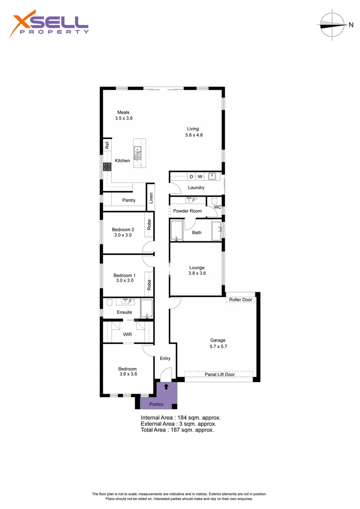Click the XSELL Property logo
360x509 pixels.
[49, 25]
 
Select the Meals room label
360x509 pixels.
[123, 112]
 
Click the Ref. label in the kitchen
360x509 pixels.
[107, 145]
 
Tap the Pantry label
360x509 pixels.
[129, 200]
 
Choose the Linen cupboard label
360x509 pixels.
[151, 198]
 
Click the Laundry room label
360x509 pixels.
[196, 188]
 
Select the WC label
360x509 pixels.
[217, 207]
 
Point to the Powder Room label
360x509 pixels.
[188, 211]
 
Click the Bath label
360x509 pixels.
[196, 232]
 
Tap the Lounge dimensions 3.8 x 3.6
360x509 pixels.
[197, 273]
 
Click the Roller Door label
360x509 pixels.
[241, 300]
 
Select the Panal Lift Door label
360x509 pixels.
[220, 375]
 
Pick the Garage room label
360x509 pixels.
[218, 340]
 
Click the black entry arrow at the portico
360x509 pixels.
[166, 386]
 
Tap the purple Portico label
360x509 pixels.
[156, 404]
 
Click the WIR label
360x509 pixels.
[127, 334]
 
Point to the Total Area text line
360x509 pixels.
[177, 430]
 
